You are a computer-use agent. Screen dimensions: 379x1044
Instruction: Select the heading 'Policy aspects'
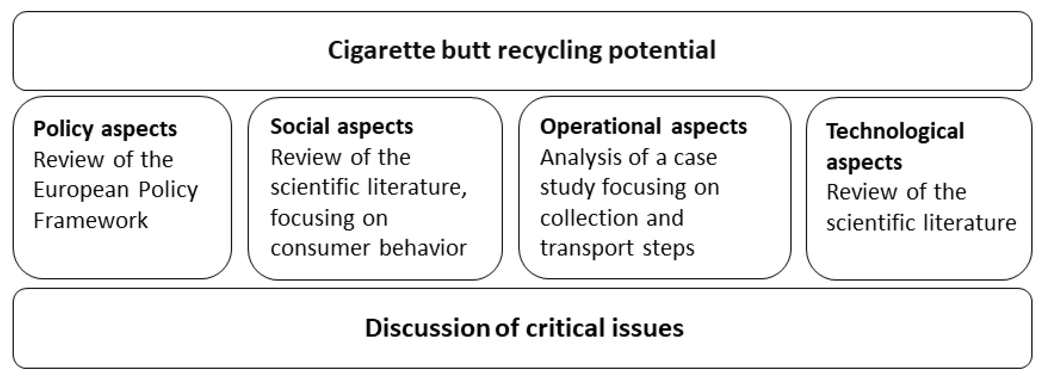pyautogui.click(x=105, y=129)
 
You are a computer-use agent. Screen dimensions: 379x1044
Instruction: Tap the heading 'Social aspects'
pyautogui.click(x=342, y=127)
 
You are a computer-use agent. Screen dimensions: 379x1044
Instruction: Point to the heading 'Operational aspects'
pyautogui.click(x=643, y=127)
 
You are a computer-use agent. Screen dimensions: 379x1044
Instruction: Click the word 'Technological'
pyautogui.click(x=895, y=131)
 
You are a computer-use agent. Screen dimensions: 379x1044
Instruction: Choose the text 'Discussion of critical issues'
pyautogui.click(x=524, y=328)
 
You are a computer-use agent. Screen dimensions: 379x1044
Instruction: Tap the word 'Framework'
pyautogui.click(x=90, y=221)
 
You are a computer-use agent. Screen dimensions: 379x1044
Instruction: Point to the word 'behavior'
pyautogui.click(x=423, y=248)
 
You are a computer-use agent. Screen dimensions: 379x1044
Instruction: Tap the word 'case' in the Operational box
pyautogui.click(x=695, y=157)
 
